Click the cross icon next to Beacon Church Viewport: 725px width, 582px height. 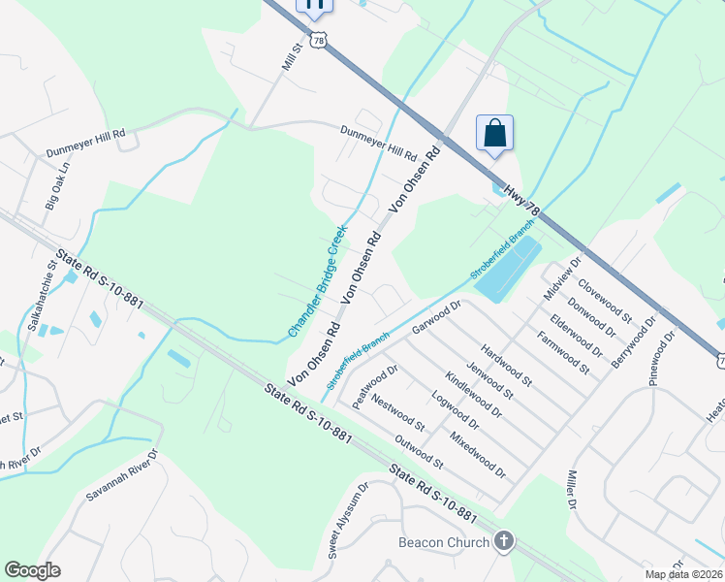tap(503, 541)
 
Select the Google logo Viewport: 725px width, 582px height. tap(32, 570)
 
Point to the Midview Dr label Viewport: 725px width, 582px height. tap(563, 276)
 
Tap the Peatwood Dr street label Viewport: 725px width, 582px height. tap(376, 386)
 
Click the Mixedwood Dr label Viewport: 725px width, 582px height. tap(478, 455)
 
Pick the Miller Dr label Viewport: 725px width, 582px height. tap(570, 491)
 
